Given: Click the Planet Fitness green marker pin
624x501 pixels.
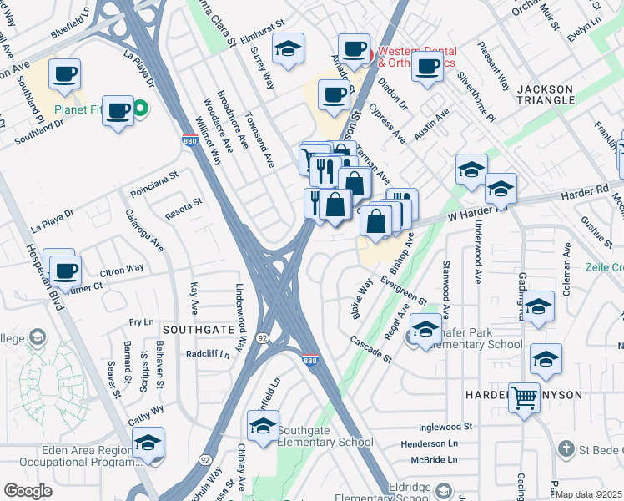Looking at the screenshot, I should (141, 108).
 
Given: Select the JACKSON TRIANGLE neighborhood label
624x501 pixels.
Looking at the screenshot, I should (546, 94).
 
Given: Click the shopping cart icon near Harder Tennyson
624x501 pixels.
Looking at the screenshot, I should (524, 397).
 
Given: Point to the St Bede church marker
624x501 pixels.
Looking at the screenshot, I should (566, 449).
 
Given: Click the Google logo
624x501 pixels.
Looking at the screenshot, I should (28, 490).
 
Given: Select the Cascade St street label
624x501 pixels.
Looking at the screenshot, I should (370, 349).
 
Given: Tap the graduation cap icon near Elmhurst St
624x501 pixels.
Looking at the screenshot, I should (289, 50).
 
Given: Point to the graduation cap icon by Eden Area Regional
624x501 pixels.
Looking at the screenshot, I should (148, 442).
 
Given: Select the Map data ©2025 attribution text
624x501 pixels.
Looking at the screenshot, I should (588, 494).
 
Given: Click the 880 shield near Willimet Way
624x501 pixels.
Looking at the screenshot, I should (190, 142).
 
